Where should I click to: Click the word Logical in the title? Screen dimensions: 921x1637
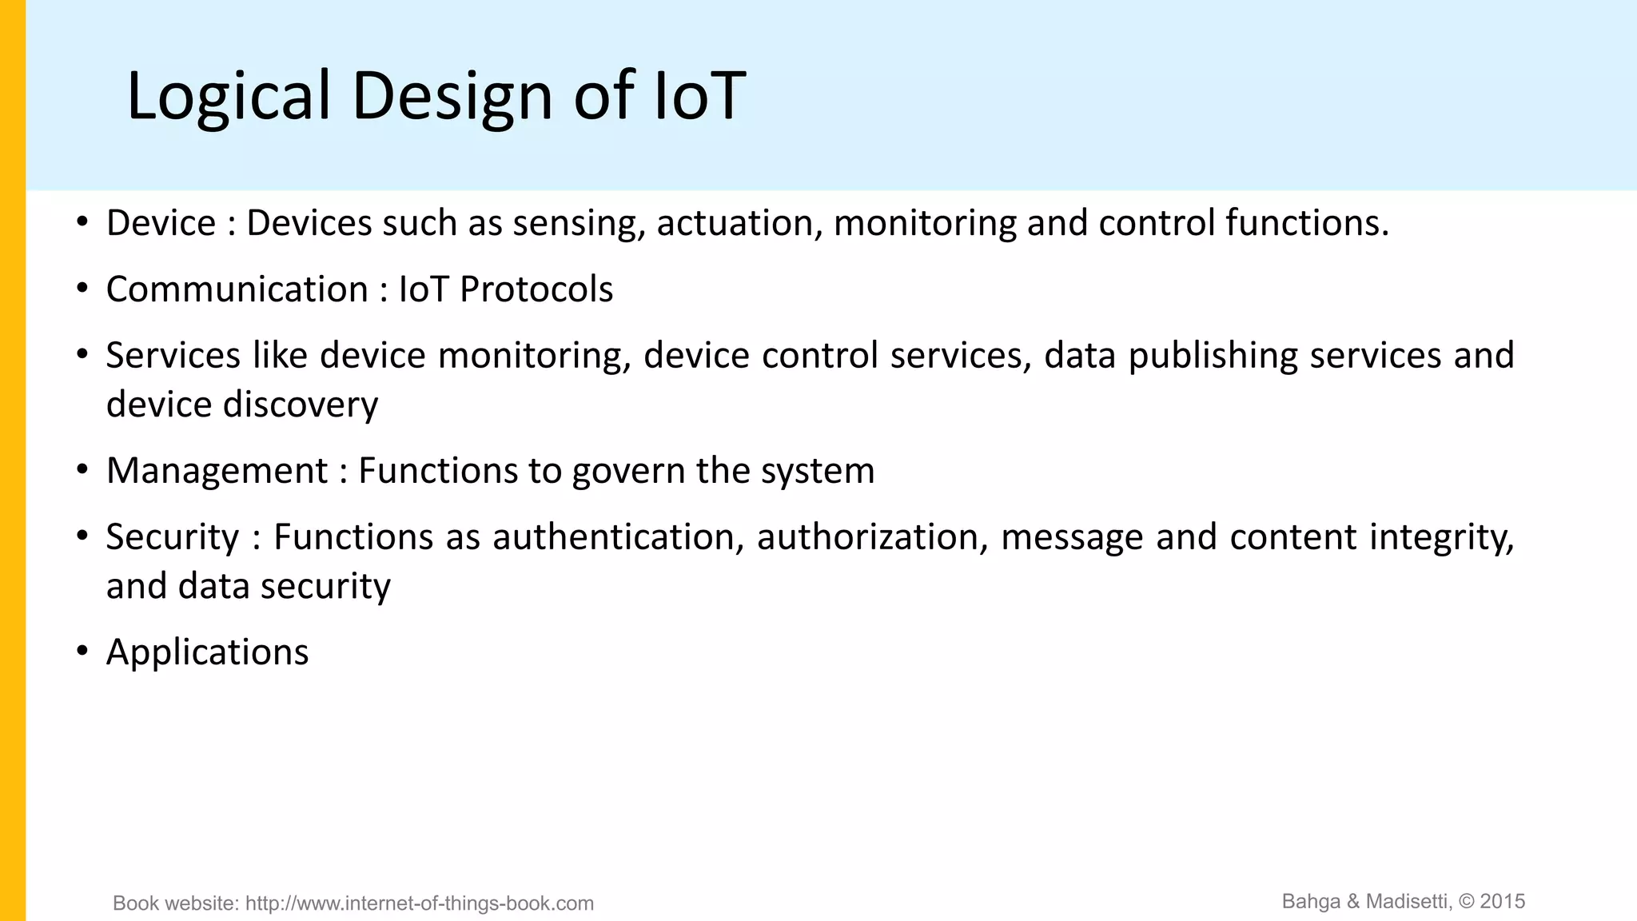click(x=228, y=96)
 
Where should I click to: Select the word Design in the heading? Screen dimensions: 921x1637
click(x=452, y=96)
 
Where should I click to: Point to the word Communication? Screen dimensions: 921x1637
click(x=237, y=289)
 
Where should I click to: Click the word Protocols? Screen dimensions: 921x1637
click(x=536, y=289)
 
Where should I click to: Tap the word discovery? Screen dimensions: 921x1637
click(x=301, y=405)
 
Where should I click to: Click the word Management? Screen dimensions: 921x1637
click(x=217, y=471)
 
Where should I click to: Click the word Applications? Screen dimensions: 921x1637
click(x=207, y=652)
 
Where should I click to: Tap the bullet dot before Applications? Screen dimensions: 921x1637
click(x=82, y=651)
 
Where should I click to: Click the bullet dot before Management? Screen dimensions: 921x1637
click(x=82, y=469)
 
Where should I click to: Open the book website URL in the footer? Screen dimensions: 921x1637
click(x=420, y=903)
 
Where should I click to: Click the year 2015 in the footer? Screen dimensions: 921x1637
click(x=1503, y=902)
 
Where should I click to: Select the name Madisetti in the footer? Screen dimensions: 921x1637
click(x=1408, y=902)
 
